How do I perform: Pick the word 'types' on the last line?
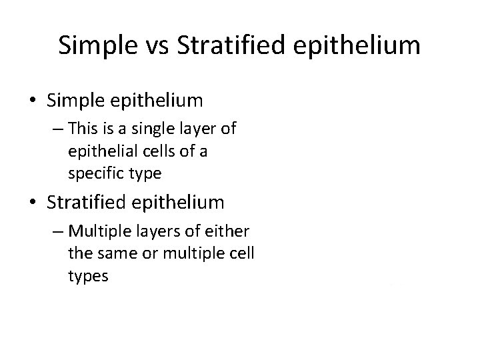click(87, 275)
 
